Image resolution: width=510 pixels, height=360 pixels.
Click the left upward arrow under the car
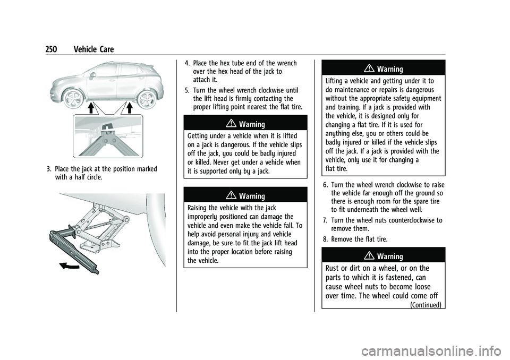(91, 109)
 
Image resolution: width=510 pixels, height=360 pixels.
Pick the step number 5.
(186, 90)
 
